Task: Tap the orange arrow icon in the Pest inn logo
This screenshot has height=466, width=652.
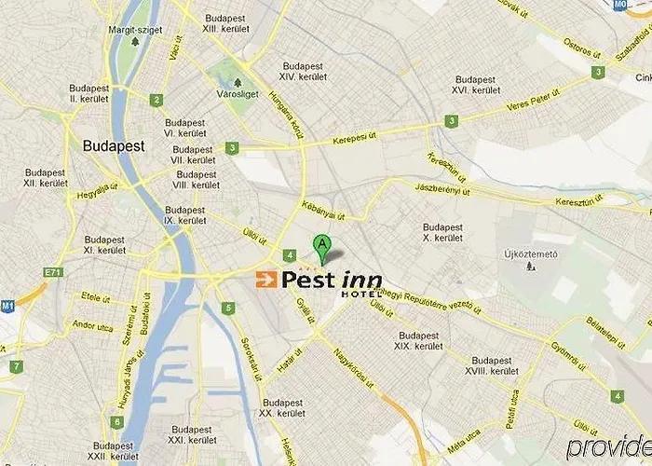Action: [265, 279]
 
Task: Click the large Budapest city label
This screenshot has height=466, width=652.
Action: [114, 146]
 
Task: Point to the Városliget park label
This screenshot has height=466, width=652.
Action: [237, 93]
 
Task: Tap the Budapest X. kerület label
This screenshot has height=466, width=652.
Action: [442, 232]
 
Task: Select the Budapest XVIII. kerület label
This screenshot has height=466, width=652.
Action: [494, 365]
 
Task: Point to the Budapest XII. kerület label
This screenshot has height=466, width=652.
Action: [44, 178]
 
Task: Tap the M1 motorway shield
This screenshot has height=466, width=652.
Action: [7, 305]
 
